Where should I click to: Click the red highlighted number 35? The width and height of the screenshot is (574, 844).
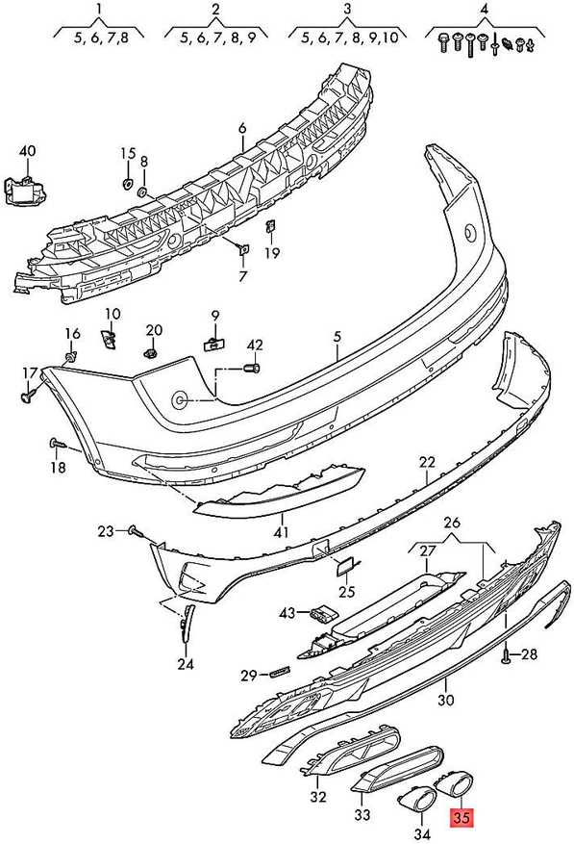(x=462, y=818)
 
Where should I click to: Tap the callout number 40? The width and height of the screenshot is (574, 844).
(x=28, y=151)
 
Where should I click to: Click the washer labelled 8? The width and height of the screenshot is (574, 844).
(x=143, y=192)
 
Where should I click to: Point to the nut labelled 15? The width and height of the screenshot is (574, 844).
(x=128, y=183)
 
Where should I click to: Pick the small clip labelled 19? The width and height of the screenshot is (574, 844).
(x=271, y=226)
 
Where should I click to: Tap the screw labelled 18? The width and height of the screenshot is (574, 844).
(x=59, y=444)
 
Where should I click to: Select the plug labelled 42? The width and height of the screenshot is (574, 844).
(x=253, y=369)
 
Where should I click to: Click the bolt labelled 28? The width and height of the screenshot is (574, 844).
(x=507, y=655)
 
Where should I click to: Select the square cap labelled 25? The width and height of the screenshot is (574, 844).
(x=344, y=567)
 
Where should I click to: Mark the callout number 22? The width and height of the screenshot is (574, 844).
(x=427, y=462)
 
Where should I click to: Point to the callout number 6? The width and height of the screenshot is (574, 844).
(x=242, y=128)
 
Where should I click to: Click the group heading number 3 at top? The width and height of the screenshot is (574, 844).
(x=347, y=9)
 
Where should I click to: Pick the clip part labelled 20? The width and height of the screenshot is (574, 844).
(x=150, y=353)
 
